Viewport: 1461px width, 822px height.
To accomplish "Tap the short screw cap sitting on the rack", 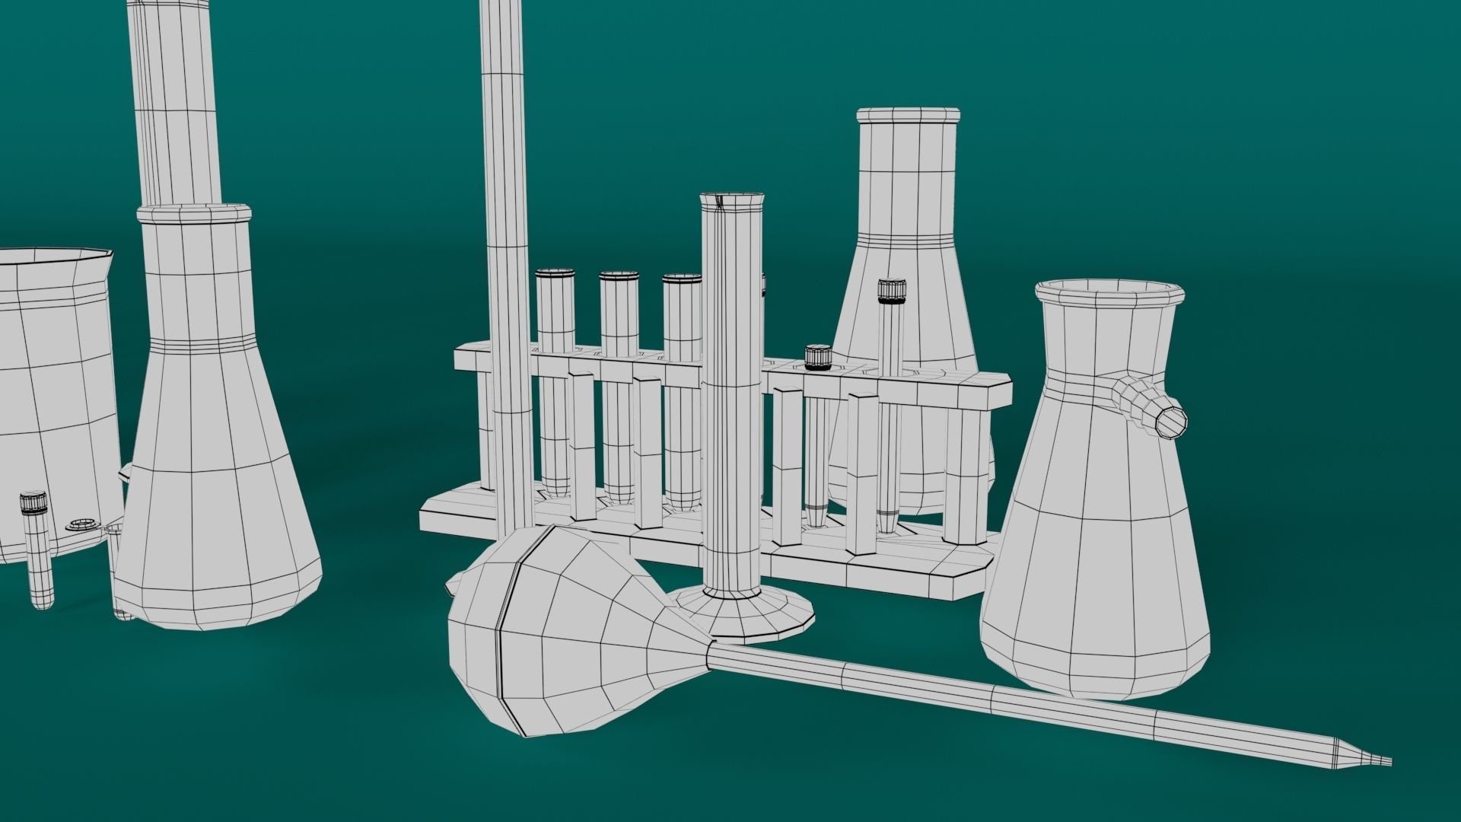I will coord(818,356).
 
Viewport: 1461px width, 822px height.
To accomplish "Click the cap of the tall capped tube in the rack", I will coord(889,290).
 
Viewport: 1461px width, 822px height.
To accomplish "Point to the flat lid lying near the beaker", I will coord(83,524).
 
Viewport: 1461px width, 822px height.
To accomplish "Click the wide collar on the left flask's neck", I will coord(194,214).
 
